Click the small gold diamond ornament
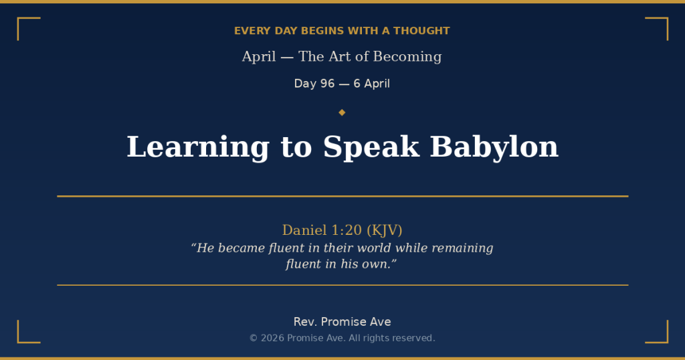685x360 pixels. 342,112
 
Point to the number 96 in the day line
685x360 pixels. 327,84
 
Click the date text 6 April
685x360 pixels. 371,84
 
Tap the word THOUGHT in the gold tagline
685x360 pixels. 421,31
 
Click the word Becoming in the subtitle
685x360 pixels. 407,57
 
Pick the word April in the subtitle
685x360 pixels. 259,57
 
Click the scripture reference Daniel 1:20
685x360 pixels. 322,230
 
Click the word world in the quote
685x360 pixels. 373,248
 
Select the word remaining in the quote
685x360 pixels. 462,248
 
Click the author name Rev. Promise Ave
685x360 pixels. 342,322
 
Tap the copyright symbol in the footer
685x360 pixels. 254,339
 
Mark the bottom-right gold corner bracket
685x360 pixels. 662,337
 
